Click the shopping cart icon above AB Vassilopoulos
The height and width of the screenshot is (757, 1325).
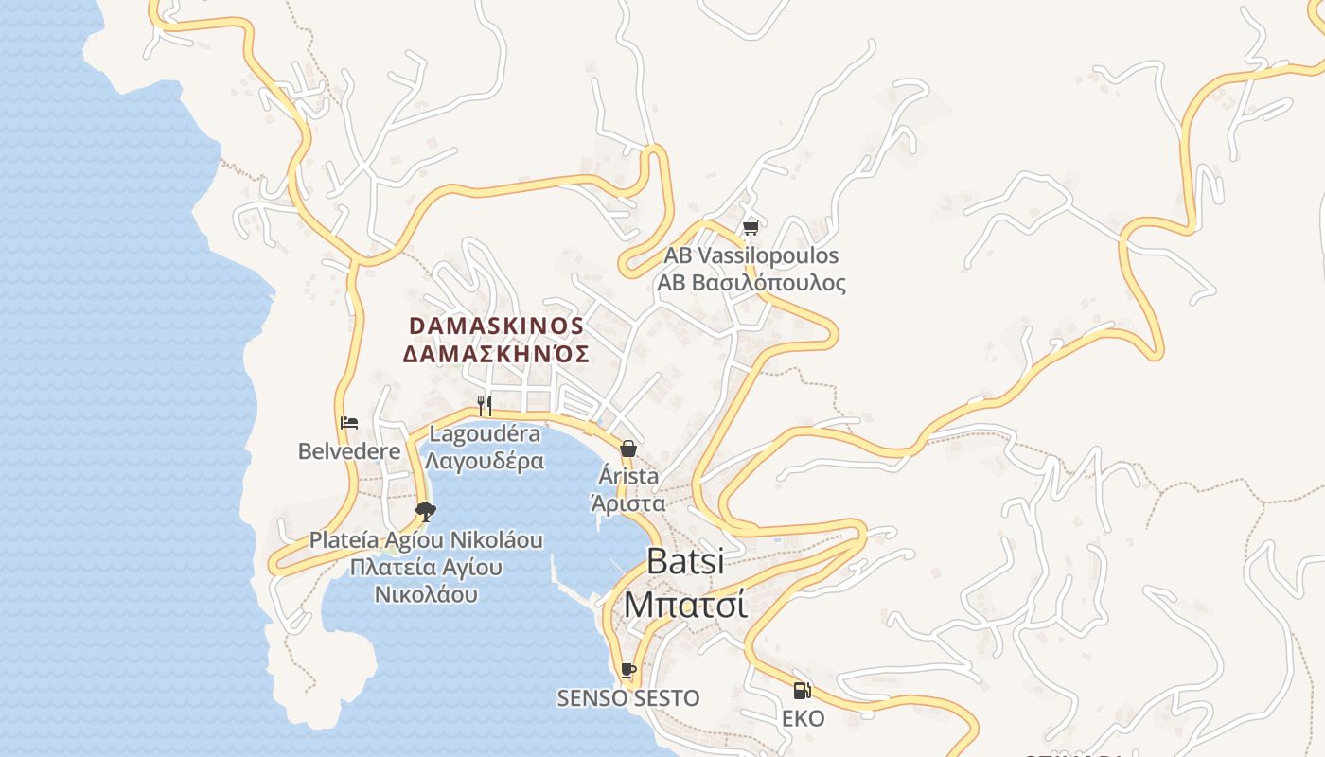coord(751,227)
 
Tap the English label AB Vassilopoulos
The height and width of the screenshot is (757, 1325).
coord(751,255)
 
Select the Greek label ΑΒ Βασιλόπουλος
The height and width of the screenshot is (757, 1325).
coord(751,283)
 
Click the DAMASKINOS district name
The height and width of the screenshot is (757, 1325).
coord(497,326)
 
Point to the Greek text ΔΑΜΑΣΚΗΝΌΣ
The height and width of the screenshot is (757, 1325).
coord(497,355)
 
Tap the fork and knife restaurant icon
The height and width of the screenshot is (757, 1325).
coord(485,406)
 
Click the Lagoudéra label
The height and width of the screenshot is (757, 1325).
coord(485,434)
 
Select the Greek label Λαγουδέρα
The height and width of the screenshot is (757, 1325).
coord(485,462)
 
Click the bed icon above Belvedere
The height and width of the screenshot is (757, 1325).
coord(349,423)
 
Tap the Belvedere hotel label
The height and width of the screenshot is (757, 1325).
coord(349,451)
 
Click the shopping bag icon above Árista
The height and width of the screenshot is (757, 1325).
coord(627,449)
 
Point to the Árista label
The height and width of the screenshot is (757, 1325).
coord(627,476)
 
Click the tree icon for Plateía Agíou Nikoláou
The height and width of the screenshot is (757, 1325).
coord(426,512)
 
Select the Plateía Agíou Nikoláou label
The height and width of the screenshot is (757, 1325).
coord(426,540)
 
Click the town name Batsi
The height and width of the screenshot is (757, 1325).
coord(685,561)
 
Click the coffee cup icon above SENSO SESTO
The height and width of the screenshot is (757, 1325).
coord(627,671)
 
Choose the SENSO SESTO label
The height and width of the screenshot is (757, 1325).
coord(627,698)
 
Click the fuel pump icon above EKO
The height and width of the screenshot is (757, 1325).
coord(803,691)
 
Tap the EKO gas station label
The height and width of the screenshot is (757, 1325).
coord(803,719)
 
